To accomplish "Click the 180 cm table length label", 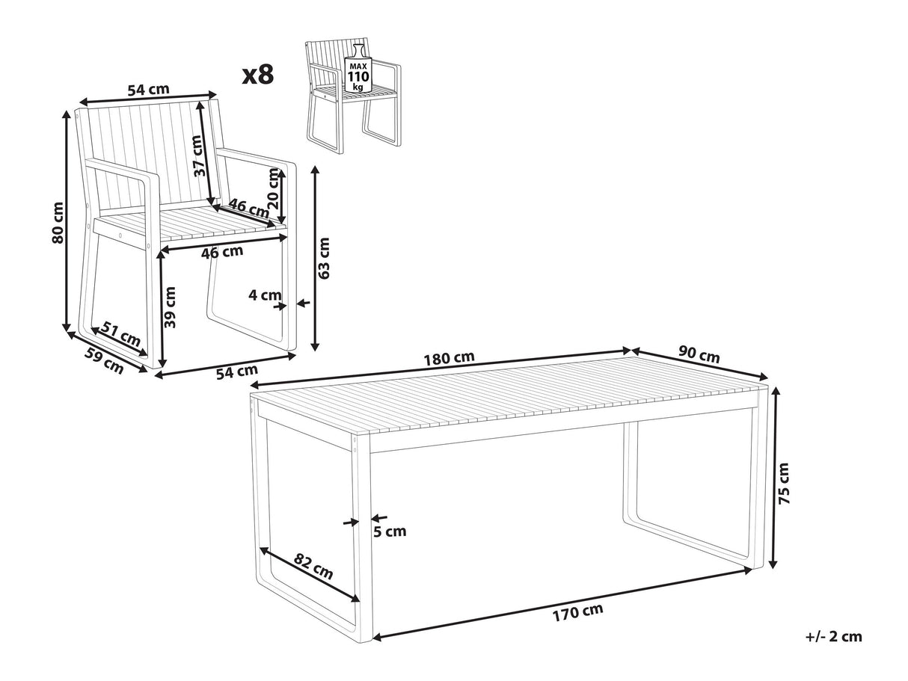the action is (x=449, y=358).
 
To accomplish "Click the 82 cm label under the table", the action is (x=313, y=567).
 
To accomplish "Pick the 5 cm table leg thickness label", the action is (x=390, y=531).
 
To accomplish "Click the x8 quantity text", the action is (x=258, y=75).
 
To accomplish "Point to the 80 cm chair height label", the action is (x=58, y=223).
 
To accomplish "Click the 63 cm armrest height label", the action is (x=325, y=258).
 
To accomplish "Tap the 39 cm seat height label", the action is (x=170, y=307).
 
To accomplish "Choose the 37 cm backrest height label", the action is (x=199, y=156).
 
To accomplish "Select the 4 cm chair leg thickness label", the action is (x=265, y=295).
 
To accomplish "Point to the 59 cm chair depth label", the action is (x=104, y=360).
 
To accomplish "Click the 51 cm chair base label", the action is (x=122, y=333).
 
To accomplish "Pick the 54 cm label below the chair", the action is (x=237, y=372).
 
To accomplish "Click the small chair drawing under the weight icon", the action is (x=353, y=97).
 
